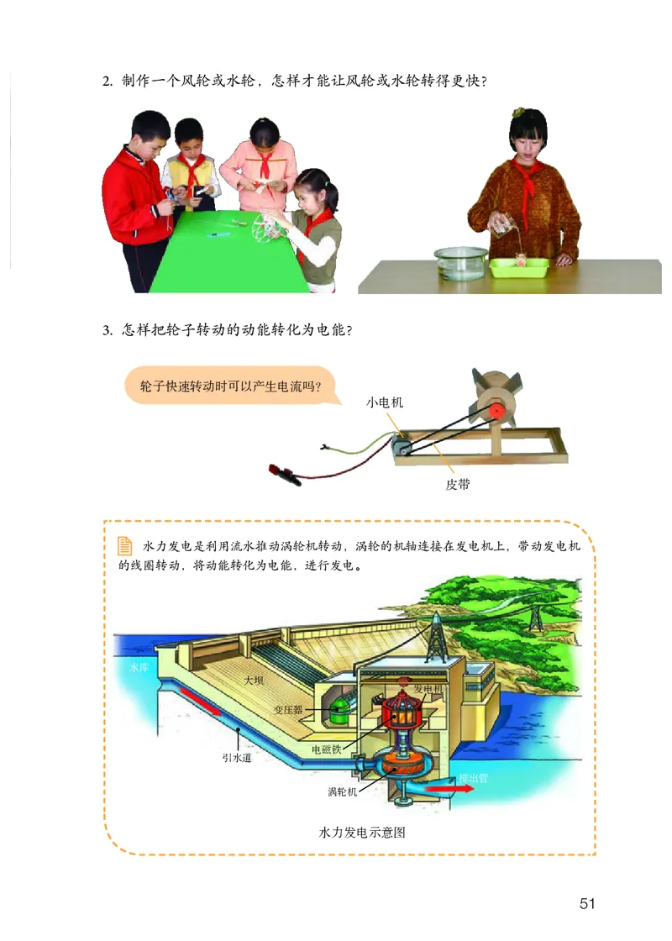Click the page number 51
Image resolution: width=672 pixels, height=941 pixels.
pos(586,904)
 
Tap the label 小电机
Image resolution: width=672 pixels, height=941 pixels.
pos(385,402)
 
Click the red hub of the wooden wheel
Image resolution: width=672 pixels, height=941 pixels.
pos(496,410)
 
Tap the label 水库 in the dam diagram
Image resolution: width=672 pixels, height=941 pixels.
pos(139,667)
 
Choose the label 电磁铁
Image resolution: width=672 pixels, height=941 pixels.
pos(326,749)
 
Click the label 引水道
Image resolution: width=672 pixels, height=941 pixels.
pos(238,756)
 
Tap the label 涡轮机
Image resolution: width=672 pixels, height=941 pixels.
pos(343,791)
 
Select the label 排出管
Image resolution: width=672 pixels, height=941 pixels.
pos(473,779)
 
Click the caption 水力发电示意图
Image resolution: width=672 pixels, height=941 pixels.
pos(363,833)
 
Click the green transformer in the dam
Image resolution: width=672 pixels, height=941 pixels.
pos(341,712)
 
